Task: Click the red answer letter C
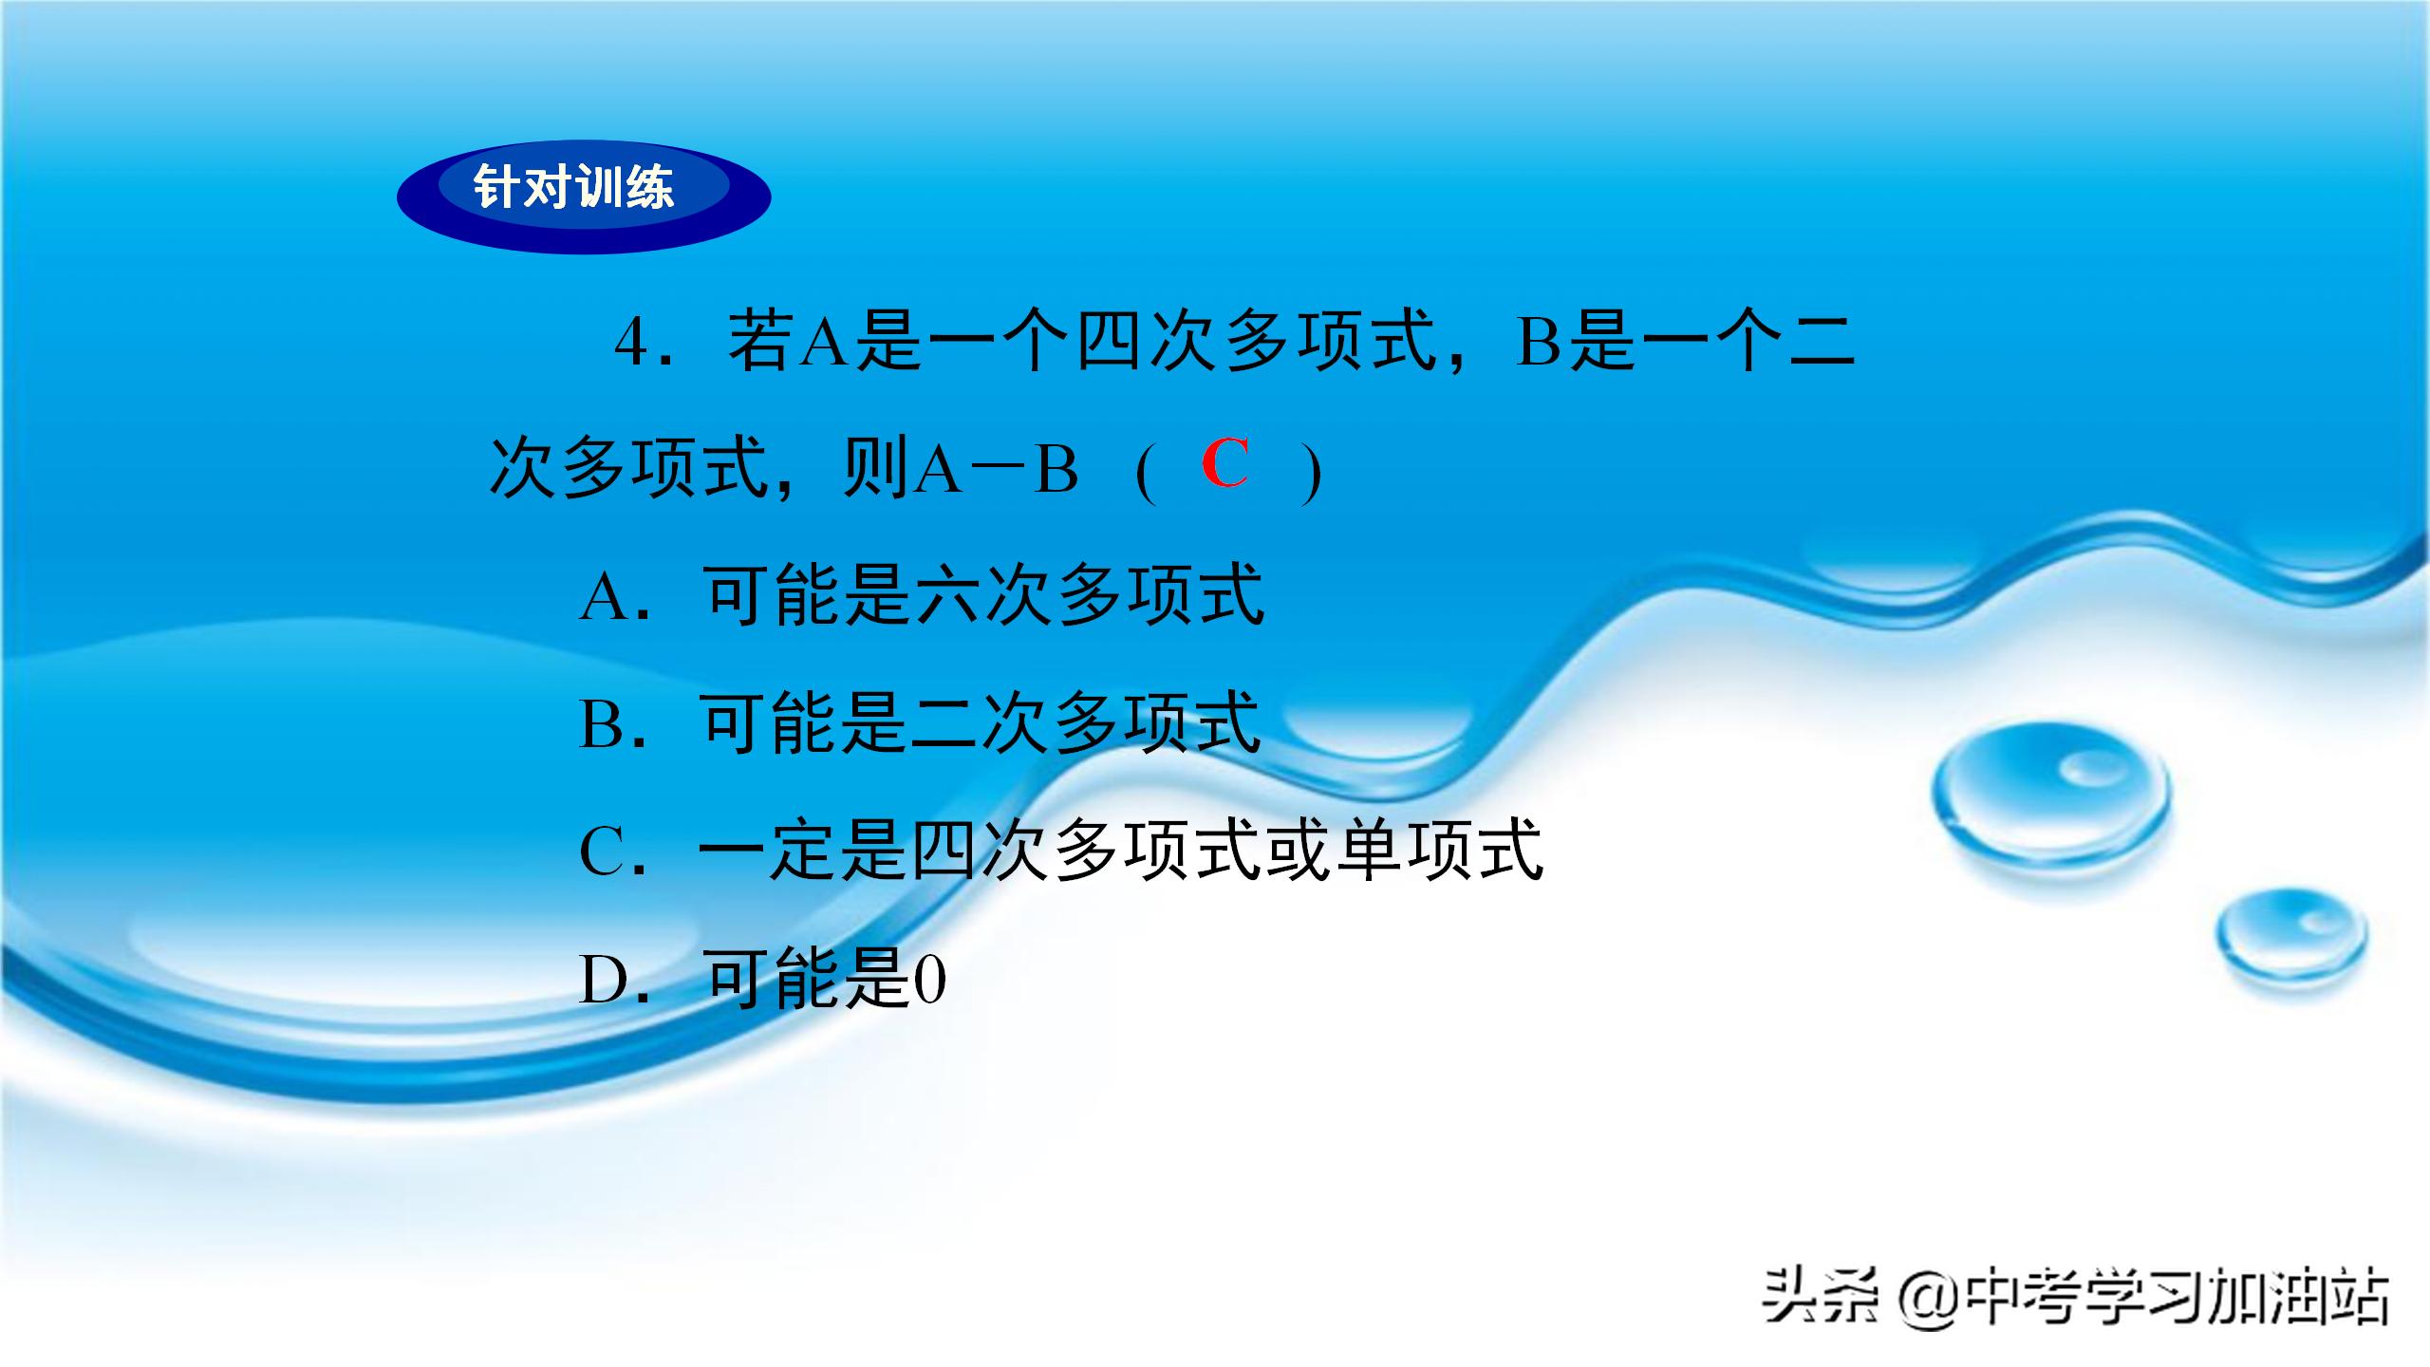click(x=1224, y=464)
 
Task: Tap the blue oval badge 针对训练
click(x=583, y=196)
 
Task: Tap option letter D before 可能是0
click(x=605, y=981)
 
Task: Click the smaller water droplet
click(x=2290, y=934)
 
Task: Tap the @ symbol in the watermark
click(x=1928, y=1299)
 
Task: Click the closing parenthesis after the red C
click(x=1313, y=474)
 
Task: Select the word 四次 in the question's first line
click(x=1150, y=343)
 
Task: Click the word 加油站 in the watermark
click(x=2310, y=1297)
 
